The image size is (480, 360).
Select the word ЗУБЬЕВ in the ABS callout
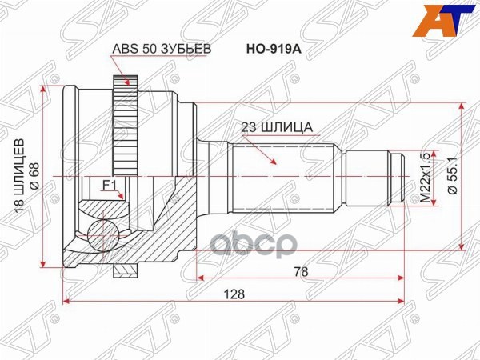189,48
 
